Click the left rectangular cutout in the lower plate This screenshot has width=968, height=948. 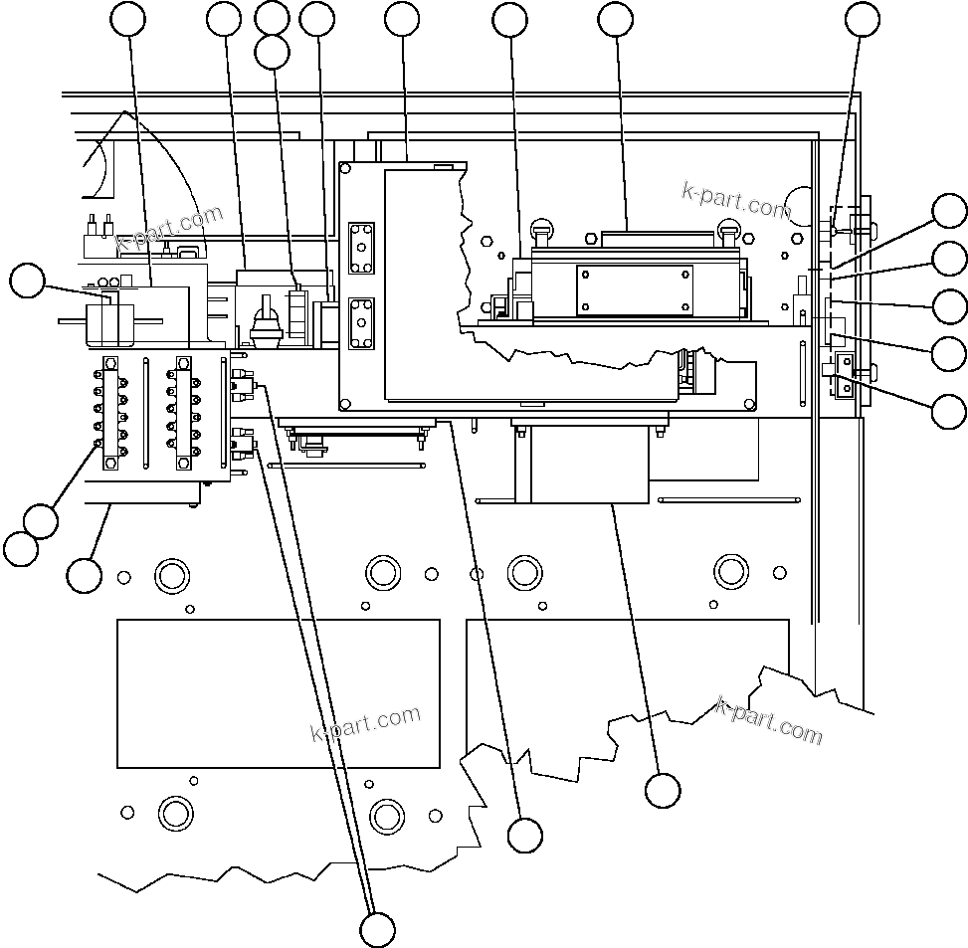279,693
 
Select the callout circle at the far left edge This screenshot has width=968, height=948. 27,281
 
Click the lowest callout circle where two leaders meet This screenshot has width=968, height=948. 377,929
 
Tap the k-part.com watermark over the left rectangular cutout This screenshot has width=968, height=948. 366,724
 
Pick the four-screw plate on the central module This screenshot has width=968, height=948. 634,290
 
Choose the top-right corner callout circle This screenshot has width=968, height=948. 863,18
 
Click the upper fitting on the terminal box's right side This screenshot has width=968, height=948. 243,382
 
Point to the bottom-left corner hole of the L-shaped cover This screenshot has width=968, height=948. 345,404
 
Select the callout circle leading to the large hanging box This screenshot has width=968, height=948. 662,791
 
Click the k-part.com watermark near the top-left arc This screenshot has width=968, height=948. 170,230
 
